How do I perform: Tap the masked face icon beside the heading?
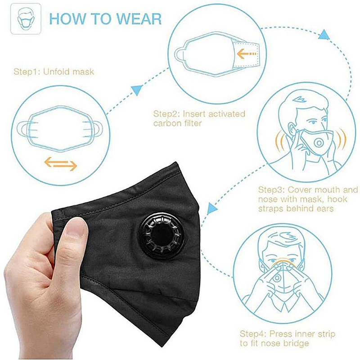tap(26, 19)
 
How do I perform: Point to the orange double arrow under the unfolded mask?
tap(61, 163)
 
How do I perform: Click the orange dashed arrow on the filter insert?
tap(247, 54)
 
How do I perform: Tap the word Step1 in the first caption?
tap(27, 72)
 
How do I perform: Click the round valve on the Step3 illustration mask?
tap(319, 143)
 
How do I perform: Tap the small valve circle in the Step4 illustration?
tap(277, 278)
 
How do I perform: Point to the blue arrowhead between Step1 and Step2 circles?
tap(137, 90)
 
